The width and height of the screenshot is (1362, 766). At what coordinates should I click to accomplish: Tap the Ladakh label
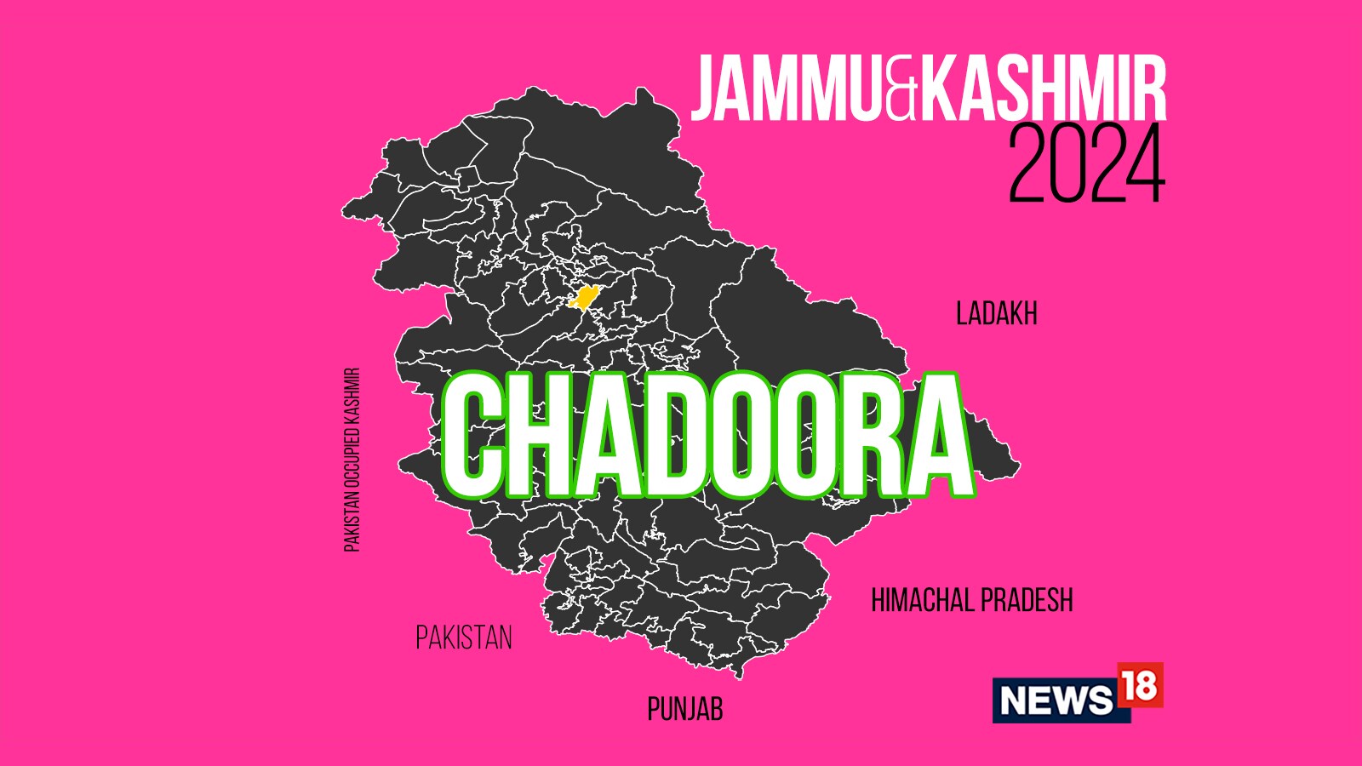click(x=996, y=314)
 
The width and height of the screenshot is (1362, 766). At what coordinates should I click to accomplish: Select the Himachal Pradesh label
click(x=971, y=601)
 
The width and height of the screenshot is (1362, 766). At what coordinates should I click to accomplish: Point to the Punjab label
click(x=684, y=709)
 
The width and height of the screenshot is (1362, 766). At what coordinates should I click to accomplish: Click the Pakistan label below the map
click(x=464, y=637)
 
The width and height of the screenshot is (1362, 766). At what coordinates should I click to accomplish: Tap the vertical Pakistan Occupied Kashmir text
click(x=352, y=460)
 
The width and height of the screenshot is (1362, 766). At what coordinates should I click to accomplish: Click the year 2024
click(x=1086, y=164)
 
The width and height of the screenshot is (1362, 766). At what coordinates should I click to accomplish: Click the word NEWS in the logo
click(x=1056, y=700)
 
